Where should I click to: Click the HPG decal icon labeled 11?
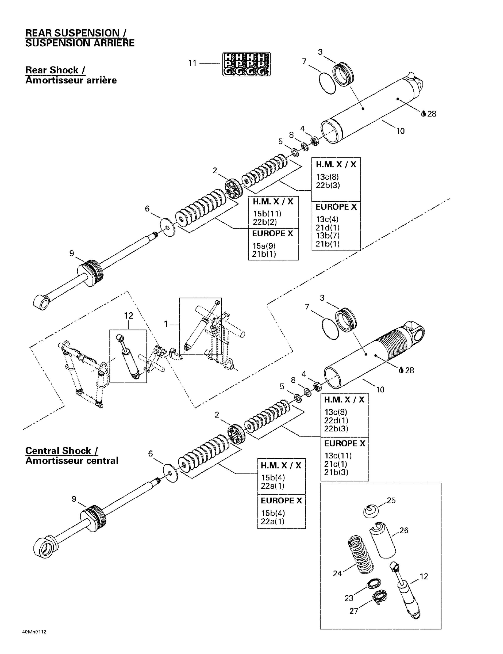pos(246,64)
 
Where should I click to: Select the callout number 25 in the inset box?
pos(391,500)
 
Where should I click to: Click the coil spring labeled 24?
pos(361,554)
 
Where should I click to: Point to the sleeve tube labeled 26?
pos(383,540)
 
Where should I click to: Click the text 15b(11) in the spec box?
pos(267,214)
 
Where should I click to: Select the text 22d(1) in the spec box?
pos(336,420)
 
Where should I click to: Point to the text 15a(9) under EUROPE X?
pos(264,246)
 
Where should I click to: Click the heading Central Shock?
pos(61,450)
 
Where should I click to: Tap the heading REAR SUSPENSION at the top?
pos(76,33)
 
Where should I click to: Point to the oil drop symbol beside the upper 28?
pos(423,114)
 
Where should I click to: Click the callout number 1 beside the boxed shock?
pos(166,324)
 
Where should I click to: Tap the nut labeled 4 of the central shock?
pos(318,386)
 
